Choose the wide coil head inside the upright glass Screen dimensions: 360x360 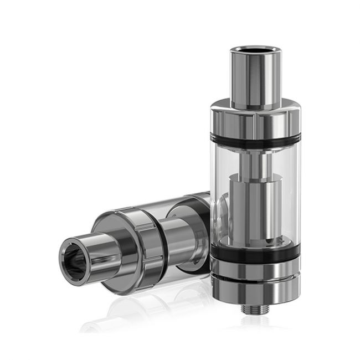256,208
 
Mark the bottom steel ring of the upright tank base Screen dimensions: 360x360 255,288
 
